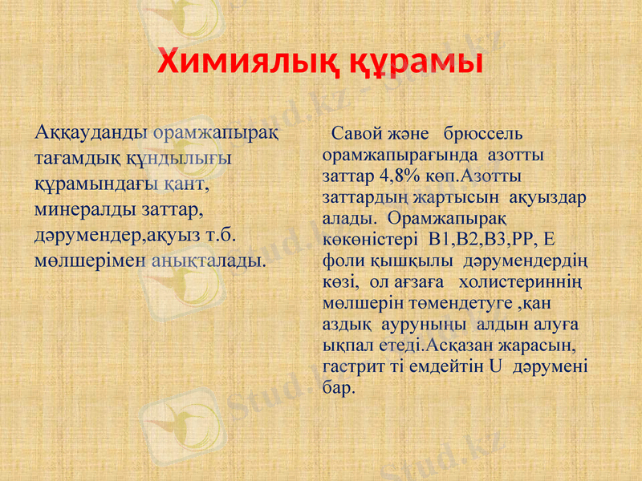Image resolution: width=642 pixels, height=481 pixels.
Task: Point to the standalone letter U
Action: [x=495, y=368]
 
